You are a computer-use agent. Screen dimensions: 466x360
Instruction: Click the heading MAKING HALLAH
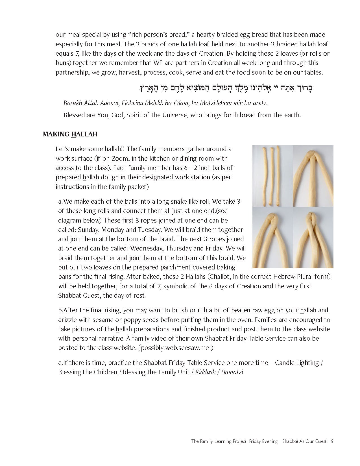point(70,134)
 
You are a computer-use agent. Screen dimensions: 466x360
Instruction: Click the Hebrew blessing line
point(226,88)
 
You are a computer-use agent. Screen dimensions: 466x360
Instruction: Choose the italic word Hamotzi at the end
point(232,372)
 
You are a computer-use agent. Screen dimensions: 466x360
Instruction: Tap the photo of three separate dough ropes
point(272,176)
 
